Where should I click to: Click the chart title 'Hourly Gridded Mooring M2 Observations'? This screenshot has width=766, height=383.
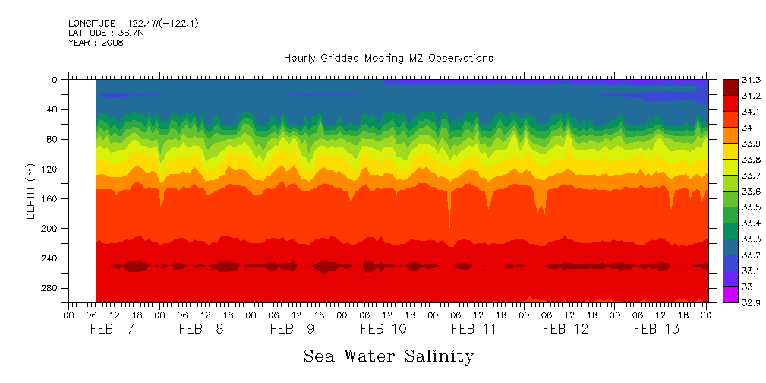click(x=388, y=58)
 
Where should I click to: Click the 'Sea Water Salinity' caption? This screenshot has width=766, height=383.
click(x=389, y=356)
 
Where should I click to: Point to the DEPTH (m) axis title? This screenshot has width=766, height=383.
click(x=31, y=191)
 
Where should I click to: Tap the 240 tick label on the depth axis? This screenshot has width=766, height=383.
click(x=52, y=258)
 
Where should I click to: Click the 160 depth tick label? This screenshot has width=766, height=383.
click(x=52, y=198)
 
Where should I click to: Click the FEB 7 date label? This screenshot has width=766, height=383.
click(x=112, y=329)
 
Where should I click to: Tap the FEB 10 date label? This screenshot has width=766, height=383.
click(x=383, y=329)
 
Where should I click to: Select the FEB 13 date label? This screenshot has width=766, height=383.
click(x=657, y=329)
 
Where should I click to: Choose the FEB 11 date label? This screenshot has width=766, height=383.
click(x=474, y=329)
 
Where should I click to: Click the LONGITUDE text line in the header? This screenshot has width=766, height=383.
click(x=134, y=24)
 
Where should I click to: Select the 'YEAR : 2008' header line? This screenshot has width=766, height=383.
click(x=96, y=43)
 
